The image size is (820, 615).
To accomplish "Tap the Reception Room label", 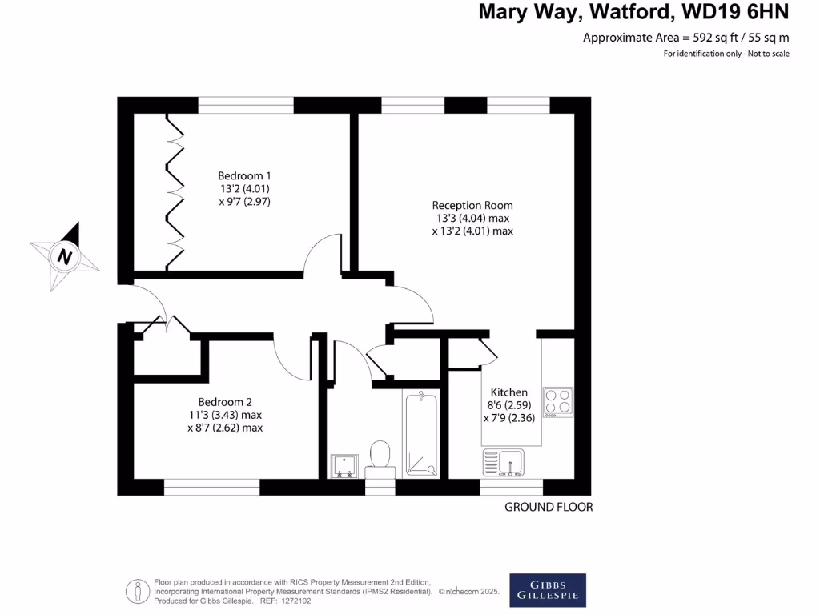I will [472, 205].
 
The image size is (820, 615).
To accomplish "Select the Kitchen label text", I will [509, 392].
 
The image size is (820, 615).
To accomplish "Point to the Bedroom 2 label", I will [226, 402].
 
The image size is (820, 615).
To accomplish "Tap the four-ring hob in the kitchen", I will [558, 403].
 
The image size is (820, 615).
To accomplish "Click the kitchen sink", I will [504, 463].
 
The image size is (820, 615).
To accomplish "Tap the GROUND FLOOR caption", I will [549, 507].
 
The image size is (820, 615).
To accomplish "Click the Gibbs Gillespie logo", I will [548, 590].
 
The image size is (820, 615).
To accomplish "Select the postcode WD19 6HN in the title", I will [736, 12].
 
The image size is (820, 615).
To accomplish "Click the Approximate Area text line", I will [685, 38].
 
